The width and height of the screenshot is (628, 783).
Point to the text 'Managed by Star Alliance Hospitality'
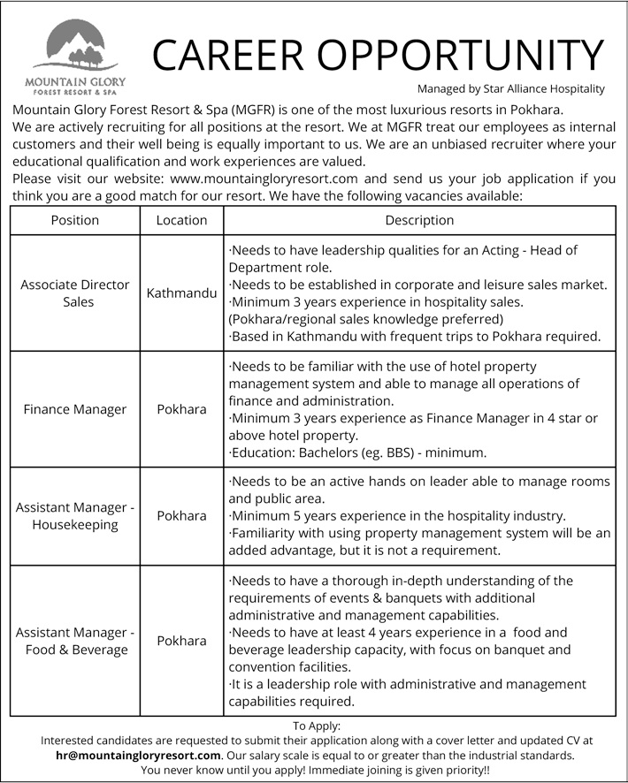(510, 88)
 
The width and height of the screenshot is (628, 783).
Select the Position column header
(75, 220)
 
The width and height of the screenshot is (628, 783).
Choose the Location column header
(181, 220)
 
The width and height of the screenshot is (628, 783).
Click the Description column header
(419, 220)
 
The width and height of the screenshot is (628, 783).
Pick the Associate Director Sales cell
(75, 293)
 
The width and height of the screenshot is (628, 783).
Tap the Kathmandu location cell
(181, 293)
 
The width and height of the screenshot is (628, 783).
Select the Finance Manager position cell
(75, 410)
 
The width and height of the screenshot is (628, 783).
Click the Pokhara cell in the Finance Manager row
(181, 410)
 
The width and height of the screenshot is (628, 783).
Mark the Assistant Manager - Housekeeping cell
(75, 516)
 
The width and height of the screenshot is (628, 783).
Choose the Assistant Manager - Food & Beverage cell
(75, 641)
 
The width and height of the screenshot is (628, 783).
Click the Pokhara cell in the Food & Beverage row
(181, 641)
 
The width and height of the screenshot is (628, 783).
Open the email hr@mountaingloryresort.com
(137, 756)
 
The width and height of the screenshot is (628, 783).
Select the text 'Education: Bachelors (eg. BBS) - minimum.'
(357, 452)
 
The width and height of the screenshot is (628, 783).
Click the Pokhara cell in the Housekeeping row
(181, 516)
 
